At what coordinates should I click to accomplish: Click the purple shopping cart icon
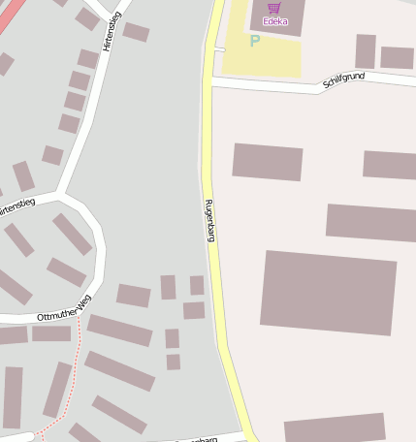click(x=273, y=8)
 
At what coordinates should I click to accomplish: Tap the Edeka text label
click(x=274, y=21)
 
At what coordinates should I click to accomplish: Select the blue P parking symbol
click(x=255, y=41)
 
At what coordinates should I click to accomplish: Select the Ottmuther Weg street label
click(x=64, y=307)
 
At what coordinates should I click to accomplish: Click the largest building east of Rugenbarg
click(x=328, y=291)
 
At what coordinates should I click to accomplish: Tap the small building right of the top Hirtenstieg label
click(x=136, y=32)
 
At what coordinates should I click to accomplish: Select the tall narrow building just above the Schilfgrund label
click(x=366, y=50)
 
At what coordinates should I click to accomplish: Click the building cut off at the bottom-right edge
click(x=335, y=428)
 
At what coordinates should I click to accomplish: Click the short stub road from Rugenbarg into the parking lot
click(x=219, y=47)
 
